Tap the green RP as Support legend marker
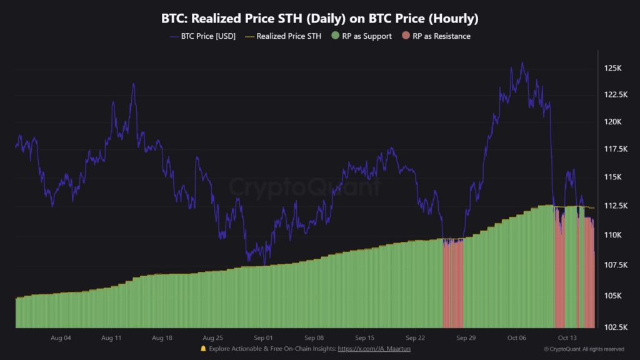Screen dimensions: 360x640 [336, 36]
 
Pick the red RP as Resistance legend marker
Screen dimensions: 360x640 [406, 36]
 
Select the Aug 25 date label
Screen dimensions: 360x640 [213, 338]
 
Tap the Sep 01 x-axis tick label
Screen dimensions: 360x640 [263, 338]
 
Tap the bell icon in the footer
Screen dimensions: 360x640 [203, 349]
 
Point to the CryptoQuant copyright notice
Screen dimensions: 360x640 [584, 349]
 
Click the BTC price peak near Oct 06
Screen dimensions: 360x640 [522, 62]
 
